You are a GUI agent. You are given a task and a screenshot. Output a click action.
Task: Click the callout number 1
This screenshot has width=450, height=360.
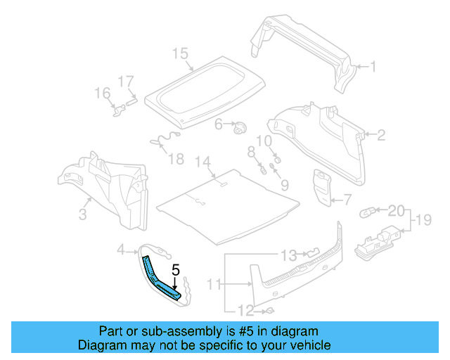[373, 68]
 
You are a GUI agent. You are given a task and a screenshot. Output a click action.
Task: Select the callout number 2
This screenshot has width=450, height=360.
[381, 135]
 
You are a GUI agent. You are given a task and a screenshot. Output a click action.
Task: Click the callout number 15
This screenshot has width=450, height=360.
[180, 53]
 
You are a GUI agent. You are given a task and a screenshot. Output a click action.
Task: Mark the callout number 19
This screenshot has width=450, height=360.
[423, 221]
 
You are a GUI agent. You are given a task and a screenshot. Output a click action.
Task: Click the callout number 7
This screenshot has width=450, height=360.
[347, 200]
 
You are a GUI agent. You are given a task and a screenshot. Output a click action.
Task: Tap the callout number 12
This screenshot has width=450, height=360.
[245, 310]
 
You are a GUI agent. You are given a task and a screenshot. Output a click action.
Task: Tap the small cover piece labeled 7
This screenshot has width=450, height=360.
[323, 187]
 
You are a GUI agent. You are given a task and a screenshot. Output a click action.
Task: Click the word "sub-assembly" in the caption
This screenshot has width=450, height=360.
[165, 331]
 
